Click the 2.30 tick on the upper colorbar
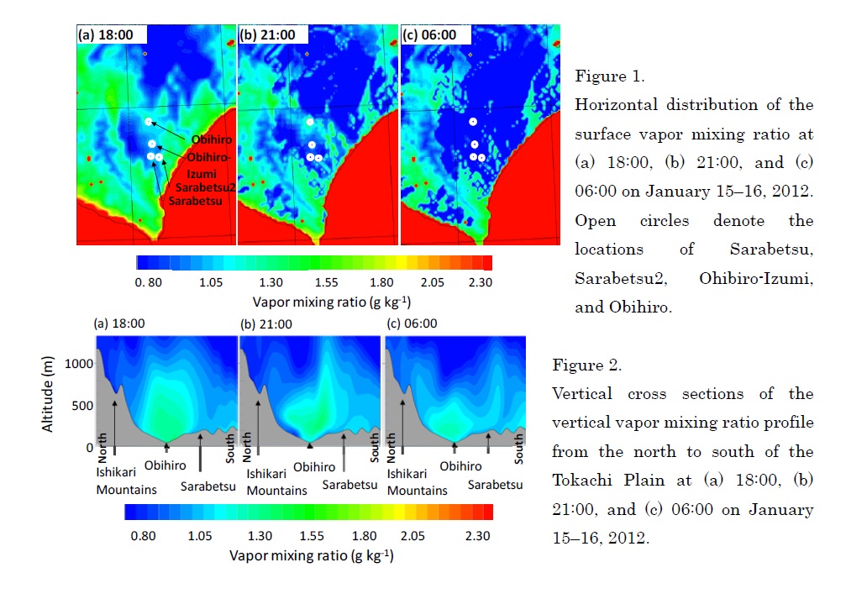(x=480, y=282)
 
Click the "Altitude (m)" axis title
(x=48, y=395)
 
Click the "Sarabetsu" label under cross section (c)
(x=495, y=485)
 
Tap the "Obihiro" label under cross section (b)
(x=311, y=465)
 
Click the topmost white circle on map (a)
(x=149, y=122)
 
